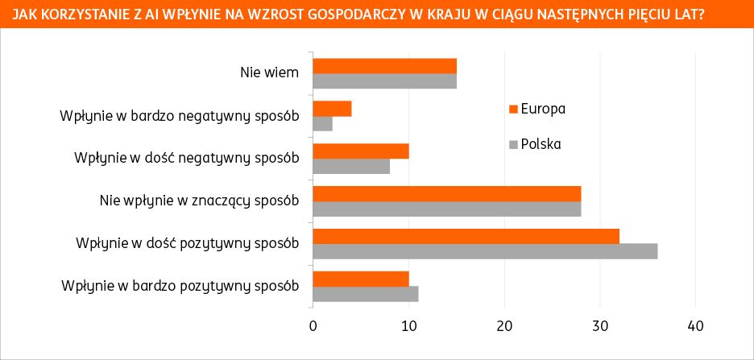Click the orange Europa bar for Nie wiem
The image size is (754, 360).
pyautogui.click(x=384, y=66)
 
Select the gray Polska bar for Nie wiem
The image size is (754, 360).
pyautogui.click(x=384, y=81)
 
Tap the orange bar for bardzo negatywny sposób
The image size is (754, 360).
pyautogui.click(x=332, y=109)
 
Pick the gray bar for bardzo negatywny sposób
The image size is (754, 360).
pyautogui.click(x=322, y=123)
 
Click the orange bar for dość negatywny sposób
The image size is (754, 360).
pyautogui.click(x=360, y=151)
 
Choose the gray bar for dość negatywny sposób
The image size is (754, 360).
pyautogui.click(x=351, y=166)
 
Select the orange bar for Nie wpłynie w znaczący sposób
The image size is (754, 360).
pyautogui.click(x=446, y=194)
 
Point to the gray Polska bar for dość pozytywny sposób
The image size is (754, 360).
pyautogui.click(x=485, y=251)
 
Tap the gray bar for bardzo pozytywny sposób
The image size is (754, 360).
pyautogui.click(x=365, y=294)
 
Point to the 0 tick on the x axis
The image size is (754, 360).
pyautogui.click(x=313, y=326)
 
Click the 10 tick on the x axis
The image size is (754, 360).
pyautogui.click(x=408, y=326)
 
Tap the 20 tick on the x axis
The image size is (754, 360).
pyautogui.click(x=504, y=326)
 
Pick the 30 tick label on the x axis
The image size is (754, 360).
pyautogui.click(x=600, y=326)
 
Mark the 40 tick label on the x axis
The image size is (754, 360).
pyautogui.click(x=696, y=326)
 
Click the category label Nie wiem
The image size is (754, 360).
pyautogui.click(x=270, y=72)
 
